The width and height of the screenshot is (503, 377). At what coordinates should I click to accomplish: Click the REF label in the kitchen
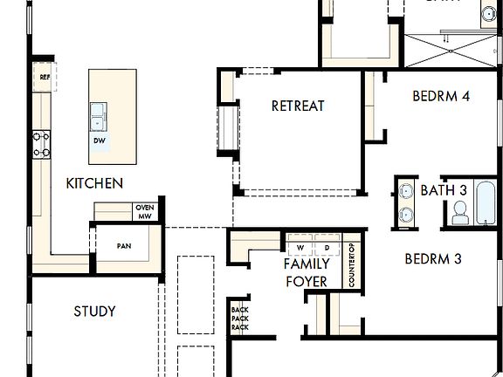coord(44,77)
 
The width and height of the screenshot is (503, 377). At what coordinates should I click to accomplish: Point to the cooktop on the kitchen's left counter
coord(41,144)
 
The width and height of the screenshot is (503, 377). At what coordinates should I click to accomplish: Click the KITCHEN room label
coord(94,184)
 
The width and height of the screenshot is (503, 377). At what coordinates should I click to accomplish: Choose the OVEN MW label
coord(144,211)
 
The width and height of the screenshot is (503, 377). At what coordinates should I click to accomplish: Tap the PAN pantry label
coord(124,246)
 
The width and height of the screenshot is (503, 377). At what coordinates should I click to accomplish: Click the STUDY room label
coord(94,311)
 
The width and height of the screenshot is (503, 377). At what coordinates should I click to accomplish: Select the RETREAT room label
coord(298,106)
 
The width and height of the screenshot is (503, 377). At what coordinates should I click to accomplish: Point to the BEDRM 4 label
coord(441,97)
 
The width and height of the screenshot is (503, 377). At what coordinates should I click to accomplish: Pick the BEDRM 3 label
coord(432,258)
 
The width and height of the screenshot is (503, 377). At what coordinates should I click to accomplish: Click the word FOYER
coord(306,281)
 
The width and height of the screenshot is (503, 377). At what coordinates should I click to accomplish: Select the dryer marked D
coord(326,244)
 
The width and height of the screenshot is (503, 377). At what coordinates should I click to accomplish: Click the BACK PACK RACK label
coord(239,319)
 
